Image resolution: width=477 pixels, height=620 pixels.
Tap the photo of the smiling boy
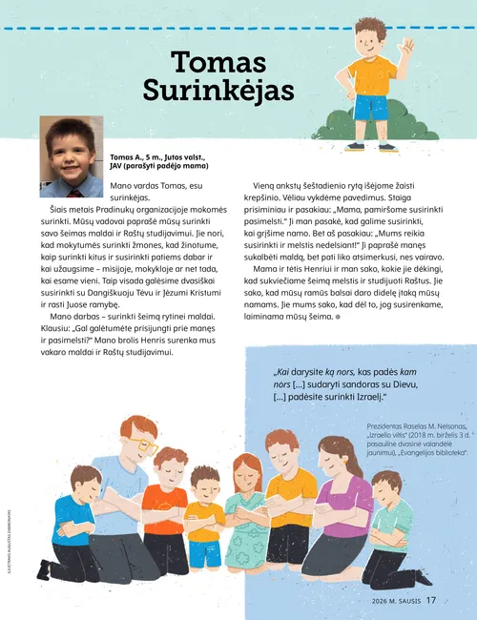pyautogui.click(x=72, y=144)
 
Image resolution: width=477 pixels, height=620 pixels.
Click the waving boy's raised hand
pyautogui.click(x=409, y=46)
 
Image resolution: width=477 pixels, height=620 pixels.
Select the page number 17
pyautogui.click(x=431, y=600)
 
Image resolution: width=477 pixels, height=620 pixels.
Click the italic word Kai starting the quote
pyautogui.click(x=283, y=372)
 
